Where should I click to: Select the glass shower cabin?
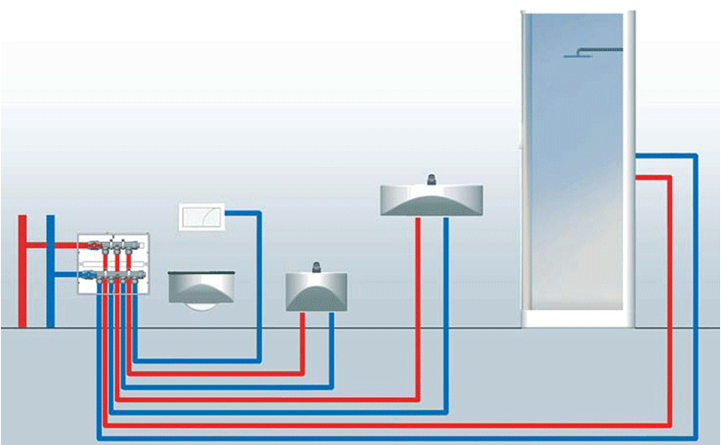tap(576, 169)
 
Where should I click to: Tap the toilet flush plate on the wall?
tap(204, 215)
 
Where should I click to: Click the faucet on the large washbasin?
tap(431, 178)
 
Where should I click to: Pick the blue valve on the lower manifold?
tap(88, 277)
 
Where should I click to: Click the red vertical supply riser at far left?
tap(21, 267)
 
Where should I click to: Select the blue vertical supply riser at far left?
tap(51, 267)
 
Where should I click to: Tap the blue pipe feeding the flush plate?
tap(258, 285)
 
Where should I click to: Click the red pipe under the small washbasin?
tap(303, 343)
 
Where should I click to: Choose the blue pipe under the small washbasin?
tap(332, 347)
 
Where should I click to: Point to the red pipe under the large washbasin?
tap(418, 303)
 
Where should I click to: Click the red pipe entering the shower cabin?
tap(669, 294)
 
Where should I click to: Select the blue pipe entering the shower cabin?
tap(696, 294)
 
